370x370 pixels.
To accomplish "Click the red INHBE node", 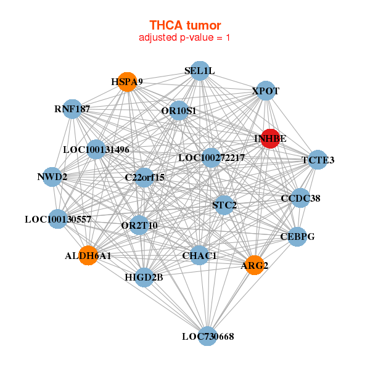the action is point(271,139).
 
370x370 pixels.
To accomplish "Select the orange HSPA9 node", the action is point(127,82).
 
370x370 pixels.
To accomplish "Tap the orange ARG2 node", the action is point(254,265).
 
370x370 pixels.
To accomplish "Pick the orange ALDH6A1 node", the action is point(88,255).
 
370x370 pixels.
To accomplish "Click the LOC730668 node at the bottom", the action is point(207,336).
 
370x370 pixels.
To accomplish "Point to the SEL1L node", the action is point(200,71).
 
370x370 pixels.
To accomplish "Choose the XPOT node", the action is point(266,91).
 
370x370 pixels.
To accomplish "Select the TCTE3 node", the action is point(318,160).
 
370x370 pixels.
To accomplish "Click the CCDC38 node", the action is point(300,198).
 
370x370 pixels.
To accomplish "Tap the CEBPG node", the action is point(297,237).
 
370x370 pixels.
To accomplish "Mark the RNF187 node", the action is point(72,109).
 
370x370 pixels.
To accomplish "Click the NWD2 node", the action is point(52,177).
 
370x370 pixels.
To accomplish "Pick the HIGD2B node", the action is point(144,277).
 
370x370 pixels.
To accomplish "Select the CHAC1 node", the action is point(199,255).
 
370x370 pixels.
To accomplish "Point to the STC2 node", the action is point(224,205).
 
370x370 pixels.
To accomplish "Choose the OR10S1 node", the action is point(179,110).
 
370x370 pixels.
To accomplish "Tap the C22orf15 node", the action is point(144,178).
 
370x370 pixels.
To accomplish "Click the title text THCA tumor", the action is point(185,25).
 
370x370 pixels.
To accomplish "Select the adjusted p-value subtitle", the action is point(184,38).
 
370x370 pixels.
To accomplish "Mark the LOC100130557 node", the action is point(58,219).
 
